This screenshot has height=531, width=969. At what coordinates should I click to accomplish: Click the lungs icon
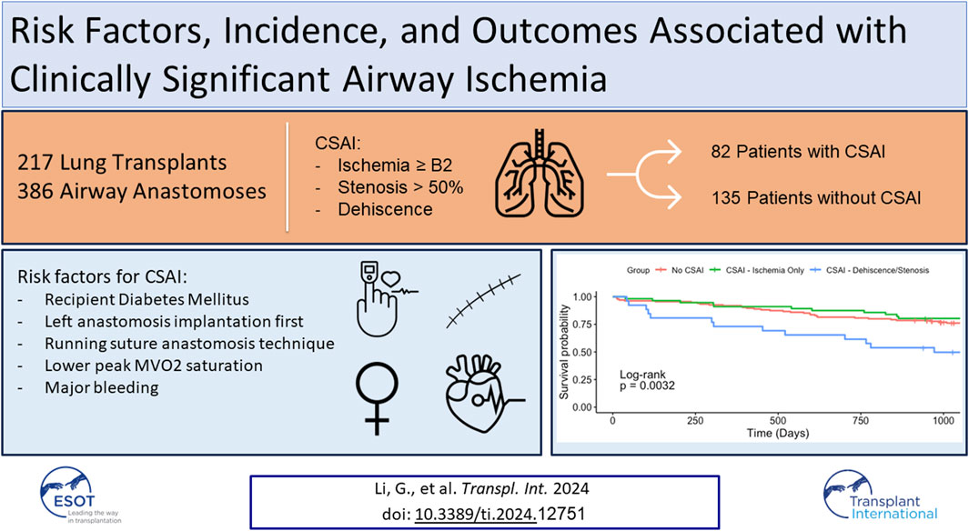point(539,174)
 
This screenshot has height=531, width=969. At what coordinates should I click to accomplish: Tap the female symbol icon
point(377,398)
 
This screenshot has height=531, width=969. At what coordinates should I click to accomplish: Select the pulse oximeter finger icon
point(384,298)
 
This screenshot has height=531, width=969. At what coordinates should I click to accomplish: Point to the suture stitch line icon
point(483,300)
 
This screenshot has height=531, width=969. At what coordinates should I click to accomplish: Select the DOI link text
point(475,514)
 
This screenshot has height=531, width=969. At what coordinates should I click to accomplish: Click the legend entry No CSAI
point(679,270)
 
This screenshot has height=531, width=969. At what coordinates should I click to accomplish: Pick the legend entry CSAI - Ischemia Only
point(756,270)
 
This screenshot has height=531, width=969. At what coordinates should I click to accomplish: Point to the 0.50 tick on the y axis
point(582,353)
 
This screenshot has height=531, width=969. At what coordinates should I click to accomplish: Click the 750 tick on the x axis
point(860,420)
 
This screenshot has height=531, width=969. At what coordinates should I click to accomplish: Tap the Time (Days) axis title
point(777,433)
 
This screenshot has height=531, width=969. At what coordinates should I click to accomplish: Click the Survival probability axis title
point(563,351)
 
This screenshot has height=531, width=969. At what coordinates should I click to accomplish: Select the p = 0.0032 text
point(647,386)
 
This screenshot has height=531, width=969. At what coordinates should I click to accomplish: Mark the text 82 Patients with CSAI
point(798,152)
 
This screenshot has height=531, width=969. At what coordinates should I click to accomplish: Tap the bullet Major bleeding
point(101,387)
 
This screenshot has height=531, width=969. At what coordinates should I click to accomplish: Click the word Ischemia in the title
point(536,80)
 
